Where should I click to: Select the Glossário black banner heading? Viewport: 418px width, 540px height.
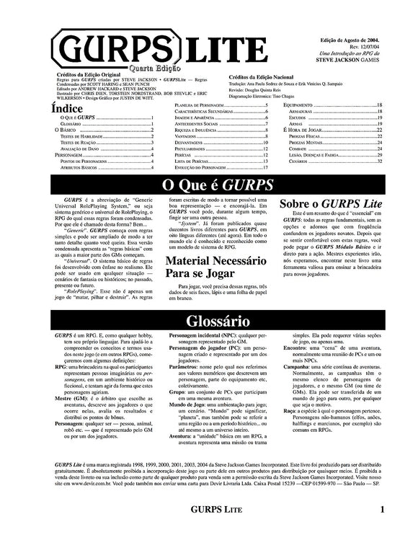click(x=208, y=320)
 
